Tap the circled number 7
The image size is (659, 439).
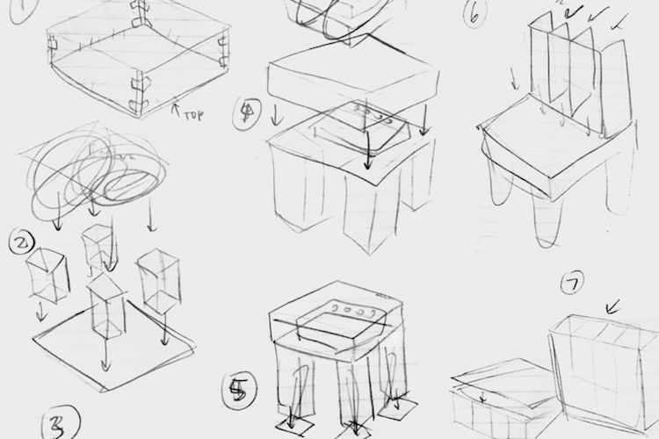pos(572,285)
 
